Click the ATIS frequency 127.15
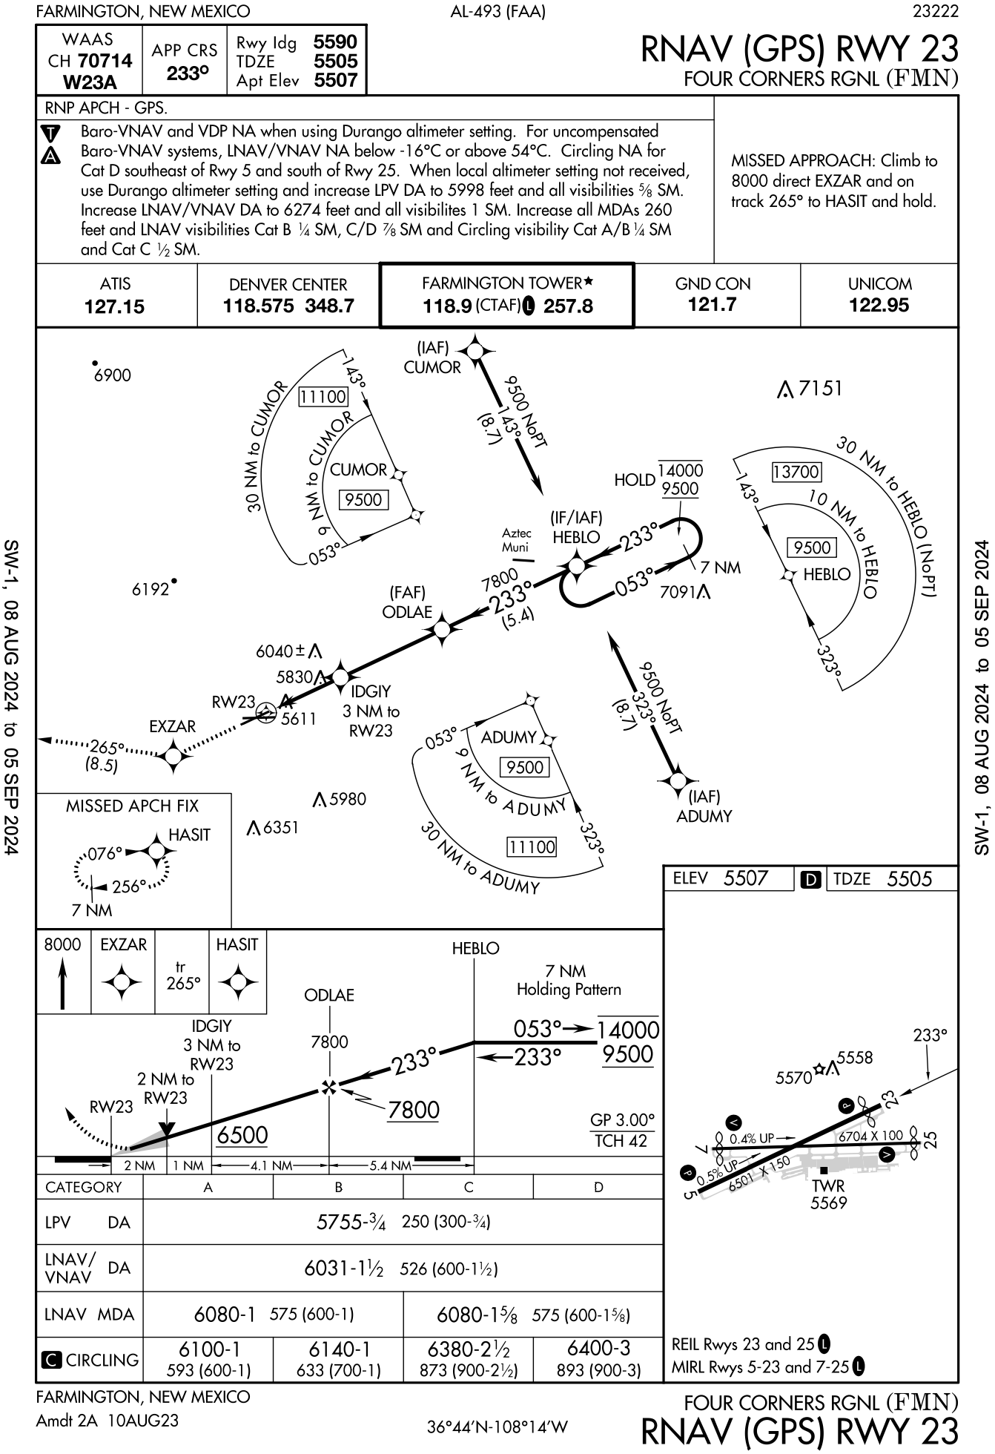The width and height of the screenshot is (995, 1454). pos(115,306)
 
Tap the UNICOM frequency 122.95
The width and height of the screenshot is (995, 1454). pos(879,305)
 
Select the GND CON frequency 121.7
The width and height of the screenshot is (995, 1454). pos(713,305)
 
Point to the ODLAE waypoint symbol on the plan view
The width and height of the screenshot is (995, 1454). pos(442,630)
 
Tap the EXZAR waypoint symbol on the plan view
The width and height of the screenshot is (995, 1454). pos(173,756)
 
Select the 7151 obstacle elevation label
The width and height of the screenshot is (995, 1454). pos(820,388)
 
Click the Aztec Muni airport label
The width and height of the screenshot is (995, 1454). pos(516,540)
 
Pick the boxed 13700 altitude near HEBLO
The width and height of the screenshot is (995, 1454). pos(796,472)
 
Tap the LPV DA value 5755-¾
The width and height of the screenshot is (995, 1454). pos(351,1222)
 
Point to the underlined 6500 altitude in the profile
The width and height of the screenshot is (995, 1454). pos(242,1135)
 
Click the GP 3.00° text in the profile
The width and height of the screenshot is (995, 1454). pos(622,1119)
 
